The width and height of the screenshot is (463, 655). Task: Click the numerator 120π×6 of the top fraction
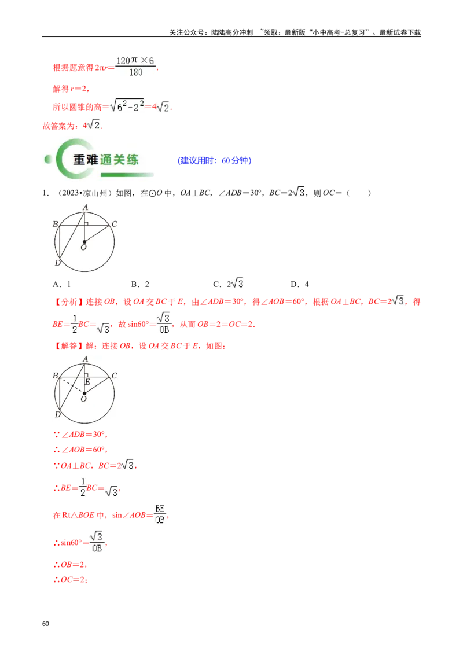pos(134,61)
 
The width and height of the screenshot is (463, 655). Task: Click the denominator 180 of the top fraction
pos(135,72)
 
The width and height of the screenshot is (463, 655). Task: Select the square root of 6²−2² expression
pos(128,106)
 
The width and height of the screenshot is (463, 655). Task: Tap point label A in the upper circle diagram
pos(85,207)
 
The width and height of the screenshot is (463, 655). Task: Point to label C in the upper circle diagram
pos(115,224)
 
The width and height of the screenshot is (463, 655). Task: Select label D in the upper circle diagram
pos(57,263)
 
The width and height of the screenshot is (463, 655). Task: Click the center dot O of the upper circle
pos(84,241)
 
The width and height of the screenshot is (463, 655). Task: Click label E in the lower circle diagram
pos(87,382)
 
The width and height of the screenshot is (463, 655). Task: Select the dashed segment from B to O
pos(71,385)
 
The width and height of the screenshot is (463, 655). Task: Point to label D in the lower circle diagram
pos(57,415)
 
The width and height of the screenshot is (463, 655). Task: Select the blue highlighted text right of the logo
pos(215,161)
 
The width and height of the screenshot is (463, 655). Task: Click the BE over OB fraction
pos(160,514)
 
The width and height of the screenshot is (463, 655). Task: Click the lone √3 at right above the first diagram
pos(298,192)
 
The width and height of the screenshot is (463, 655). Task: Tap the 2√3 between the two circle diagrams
pos(236,283)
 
